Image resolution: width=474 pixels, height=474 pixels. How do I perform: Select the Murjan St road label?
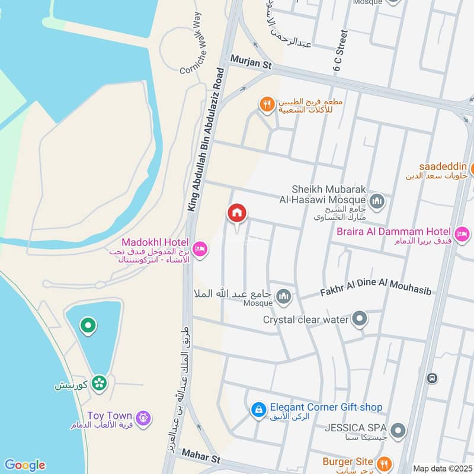249,59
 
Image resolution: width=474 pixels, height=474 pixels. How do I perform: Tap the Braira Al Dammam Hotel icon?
462,233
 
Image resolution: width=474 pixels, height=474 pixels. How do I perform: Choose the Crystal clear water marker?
359,320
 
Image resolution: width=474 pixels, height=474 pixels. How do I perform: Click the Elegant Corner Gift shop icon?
258,409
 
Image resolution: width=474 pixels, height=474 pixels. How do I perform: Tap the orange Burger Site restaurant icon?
384,462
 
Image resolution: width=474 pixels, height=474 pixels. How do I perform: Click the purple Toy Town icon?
142,418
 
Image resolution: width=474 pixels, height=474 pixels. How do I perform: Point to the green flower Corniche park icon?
99,383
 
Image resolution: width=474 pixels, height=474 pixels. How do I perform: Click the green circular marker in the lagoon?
88,325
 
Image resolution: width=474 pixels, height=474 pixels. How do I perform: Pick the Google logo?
24,465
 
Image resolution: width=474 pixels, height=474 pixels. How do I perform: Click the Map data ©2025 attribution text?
441,468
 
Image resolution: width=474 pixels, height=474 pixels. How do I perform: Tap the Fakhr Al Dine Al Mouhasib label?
375,292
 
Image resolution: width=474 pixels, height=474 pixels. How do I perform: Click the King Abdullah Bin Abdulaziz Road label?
206,139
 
